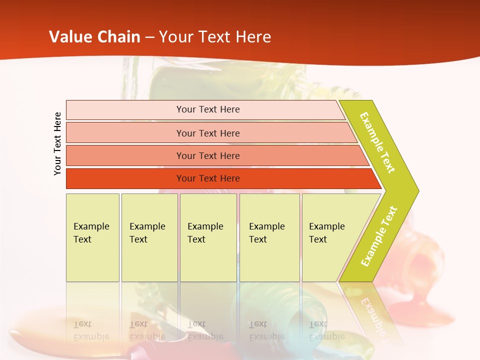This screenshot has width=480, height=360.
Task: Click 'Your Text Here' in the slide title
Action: click(x=215, y=37)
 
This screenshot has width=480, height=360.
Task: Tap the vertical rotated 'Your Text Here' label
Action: click(x=57, y=143)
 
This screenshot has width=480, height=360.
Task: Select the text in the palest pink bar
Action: click(x=208, y=109)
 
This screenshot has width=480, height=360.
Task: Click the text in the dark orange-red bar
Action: click(x=208, y=178)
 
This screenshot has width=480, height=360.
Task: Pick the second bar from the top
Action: click(x=208, y=133)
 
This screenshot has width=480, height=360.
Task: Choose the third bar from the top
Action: click(x=208, y=156)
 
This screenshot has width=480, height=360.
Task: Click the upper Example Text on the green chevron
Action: click(x=377, y=142)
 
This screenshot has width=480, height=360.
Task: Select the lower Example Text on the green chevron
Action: click(x=379, y=236)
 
